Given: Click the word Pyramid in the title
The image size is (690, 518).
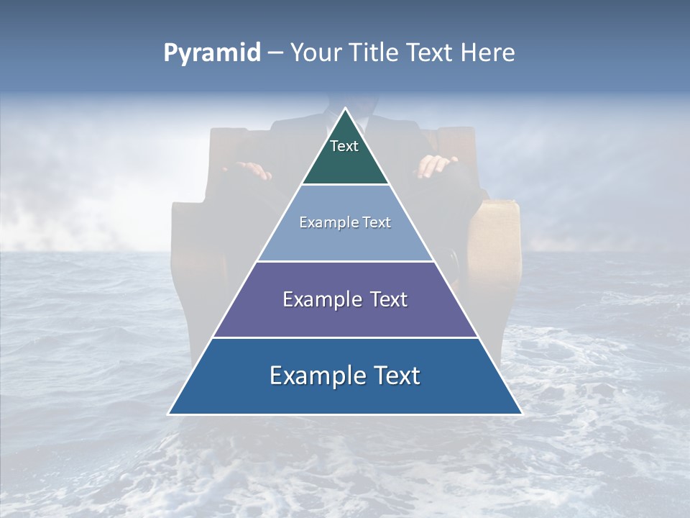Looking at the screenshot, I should click(x=212, y=53).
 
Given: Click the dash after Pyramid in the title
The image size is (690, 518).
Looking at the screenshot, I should click(x=275, y=53).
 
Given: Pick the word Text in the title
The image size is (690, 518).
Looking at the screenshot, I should click(x=430, y=53).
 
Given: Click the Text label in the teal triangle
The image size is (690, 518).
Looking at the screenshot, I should click(x=344, y=146).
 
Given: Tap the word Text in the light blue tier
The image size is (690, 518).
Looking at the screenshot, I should click(x=377, y=222).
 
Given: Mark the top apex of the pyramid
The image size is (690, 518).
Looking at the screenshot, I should click(x=345, y=109).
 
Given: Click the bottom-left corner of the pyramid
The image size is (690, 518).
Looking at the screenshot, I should click(x=170, y=414).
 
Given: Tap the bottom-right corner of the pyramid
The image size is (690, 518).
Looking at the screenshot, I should click(x=521, y=414).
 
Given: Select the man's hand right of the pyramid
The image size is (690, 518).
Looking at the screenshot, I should click(x=437, y=166).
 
